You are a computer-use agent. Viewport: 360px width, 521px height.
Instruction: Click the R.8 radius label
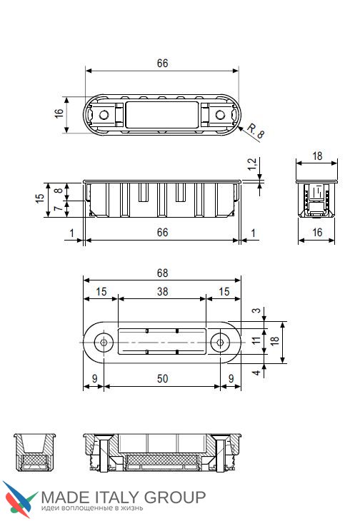click(x=256, y=131)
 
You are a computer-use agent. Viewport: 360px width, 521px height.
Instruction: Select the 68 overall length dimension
click(x=163, y=273)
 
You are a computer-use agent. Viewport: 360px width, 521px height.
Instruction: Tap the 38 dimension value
click(x=163, y=292)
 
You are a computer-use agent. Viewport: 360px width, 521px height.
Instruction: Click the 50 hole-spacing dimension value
click(x=163, y=378)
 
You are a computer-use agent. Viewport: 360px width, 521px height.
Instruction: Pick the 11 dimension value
click(x=256, y=340)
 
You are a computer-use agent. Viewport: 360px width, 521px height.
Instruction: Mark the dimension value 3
click(x=256, y=310)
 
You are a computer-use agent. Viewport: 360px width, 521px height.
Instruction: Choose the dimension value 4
click(x=256, y=373)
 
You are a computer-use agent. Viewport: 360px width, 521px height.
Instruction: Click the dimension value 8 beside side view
click(x=59, y=191)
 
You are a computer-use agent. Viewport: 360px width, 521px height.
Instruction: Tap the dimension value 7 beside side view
click(x=59, y=208)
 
